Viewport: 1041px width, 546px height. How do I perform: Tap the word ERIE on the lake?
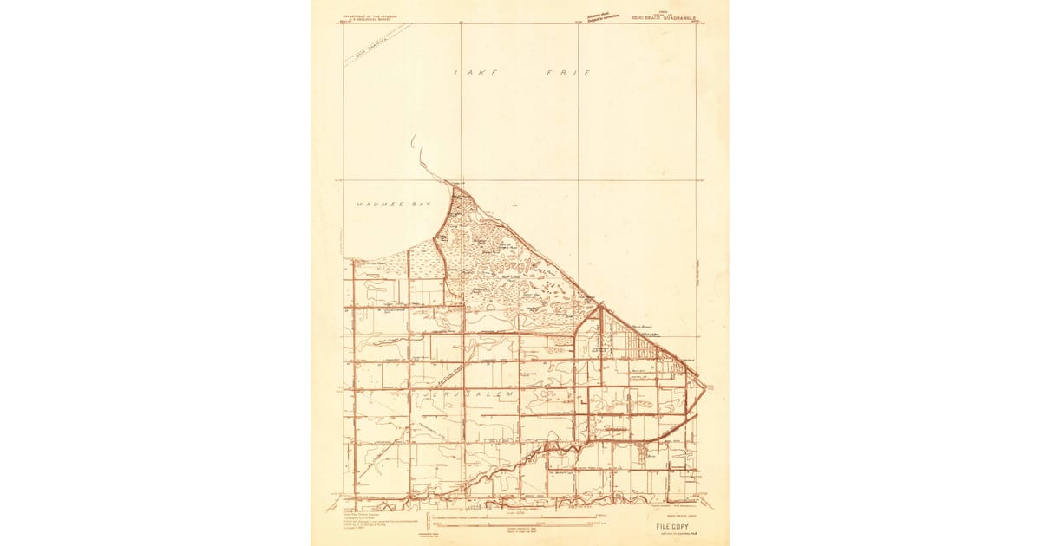point(574,74)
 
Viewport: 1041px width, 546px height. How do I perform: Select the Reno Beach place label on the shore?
point(641,327)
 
